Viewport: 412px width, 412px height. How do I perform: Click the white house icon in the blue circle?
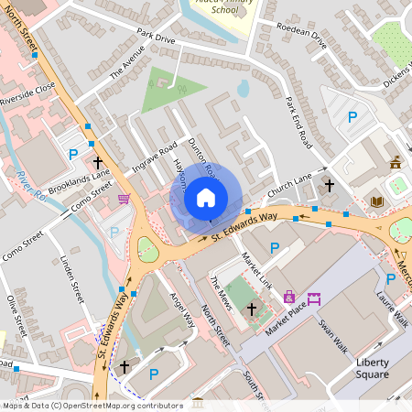pyautogui.click(x=206, y=196)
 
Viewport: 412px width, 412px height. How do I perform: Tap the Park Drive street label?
pyautogui.click(x=156, y=38)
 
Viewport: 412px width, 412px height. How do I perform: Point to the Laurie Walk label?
pyautogui.click(x=391, y=309)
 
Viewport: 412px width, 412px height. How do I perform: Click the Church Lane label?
pyautogui.click(x=291, y=183)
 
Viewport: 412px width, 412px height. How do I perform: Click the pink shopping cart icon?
pyautogui.click(x=124, y=198)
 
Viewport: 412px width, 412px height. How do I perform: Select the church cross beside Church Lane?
pyautogui.click(x=330, y=186)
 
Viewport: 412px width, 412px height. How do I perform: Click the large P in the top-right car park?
pyautogui.click(x=352, y=117)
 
